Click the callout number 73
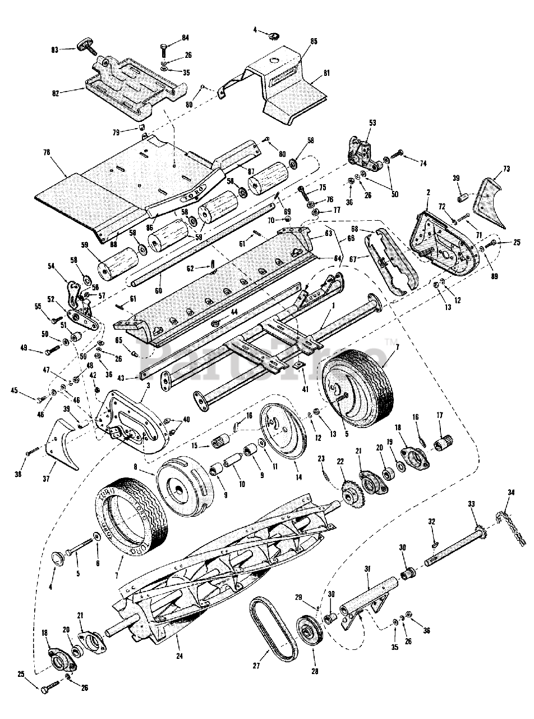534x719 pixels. [506, 169]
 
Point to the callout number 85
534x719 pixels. [314, 41]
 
